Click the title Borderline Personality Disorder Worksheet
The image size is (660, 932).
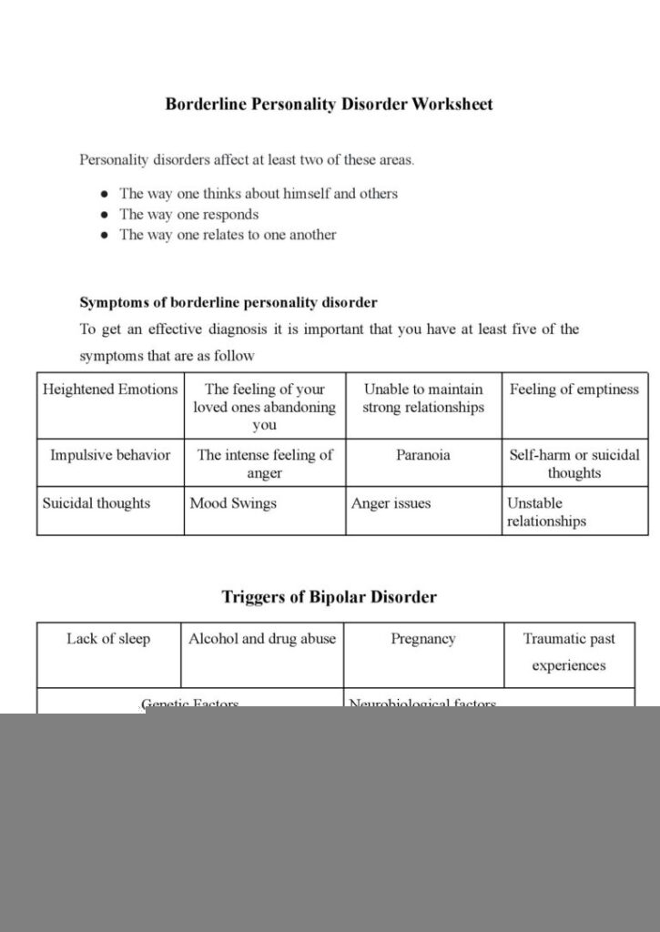(329, 104)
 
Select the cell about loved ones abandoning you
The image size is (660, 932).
(264, 407)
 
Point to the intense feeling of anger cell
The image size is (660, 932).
(264, 464)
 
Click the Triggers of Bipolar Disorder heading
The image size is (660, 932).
(329, 597)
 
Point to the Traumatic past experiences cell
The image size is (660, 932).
(569, 652)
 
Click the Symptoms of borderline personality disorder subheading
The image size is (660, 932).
(228, 302)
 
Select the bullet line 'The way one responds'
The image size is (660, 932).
(189, 215)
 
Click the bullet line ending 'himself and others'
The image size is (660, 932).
(259, 194)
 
